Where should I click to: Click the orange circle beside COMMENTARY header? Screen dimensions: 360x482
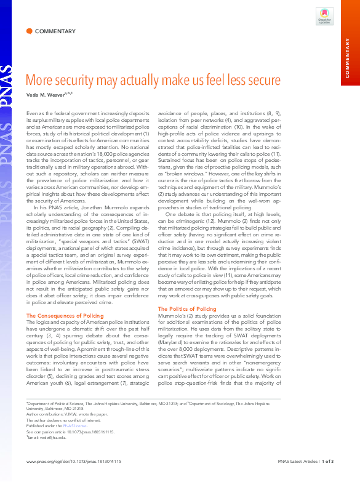click(x=29, y=31)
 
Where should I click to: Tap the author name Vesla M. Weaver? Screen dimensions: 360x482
click(x=46, y=94)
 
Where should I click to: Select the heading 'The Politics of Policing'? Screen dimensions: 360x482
click(x=186, y=309)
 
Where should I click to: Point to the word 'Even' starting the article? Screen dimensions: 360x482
click(x=32, y=114)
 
